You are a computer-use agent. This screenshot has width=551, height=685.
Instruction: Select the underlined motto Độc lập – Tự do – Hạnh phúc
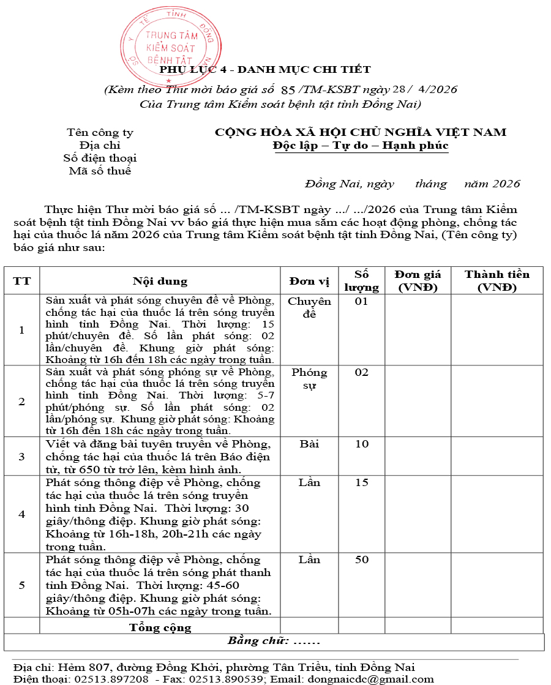coord(361,146)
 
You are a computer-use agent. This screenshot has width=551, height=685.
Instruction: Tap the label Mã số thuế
coord(100,171)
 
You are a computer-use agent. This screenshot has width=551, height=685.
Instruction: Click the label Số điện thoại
coord(100,158)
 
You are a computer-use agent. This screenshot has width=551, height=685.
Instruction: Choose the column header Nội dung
coord(160,281)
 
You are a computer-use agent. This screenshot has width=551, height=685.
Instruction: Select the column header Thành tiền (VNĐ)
coord(497,280)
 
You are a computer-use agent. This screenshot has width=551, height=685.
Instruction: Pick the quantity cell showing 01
coord(362,301)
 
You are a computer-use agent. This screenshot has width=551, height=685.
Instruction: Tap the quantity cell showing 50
coord(362,560)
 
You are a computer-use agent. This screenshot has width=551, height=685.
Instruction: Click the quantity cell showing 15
coord(362,482)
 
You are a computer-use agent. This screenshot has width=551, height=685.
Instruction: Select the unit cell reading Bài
coord(309,443)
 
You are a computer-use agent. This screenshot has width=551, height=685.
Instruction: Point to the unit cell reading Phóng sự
coord(309,378)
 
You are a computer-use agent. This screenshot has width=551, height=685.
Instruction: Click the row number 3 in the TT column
coord(22,456)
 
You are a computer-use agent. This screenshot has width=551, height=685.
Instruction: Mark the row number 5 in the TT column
coord(22,585)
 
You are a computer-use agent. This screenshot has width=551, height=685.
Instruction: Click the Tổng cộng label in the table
coord(160,627)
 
